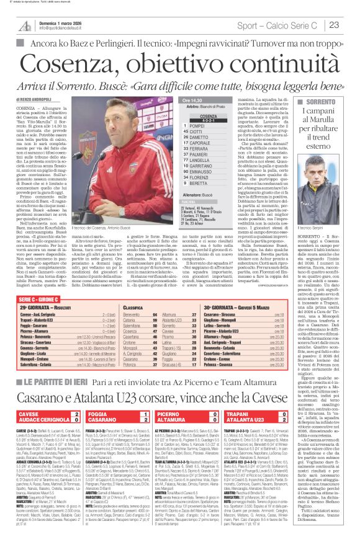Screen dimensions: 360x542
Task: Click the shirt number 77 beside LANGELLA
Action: coord(186,161)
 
